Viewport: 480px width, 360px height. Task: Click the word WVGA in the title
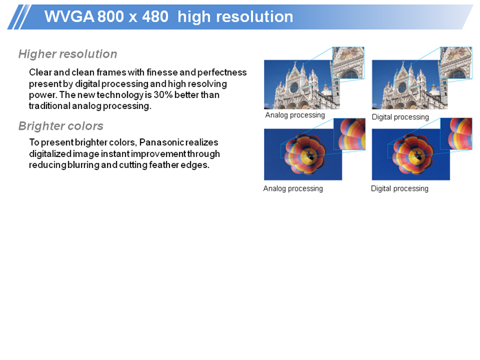(x=69, y=16)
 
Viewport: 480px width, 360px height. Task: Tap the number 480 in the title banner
(x=155, y=16)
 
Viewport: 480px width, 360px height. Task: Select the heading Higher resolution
(x=68, y=54)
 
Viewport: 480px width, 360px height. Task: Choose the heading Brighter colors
(x=61, y=126)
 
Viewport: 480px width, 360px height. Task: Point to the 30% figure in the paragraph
(x=163, y=95)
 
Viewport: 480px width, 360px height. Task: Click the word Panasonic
(x=162, y=143)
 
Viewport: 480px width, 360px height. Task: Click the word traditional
(x=49, y=106)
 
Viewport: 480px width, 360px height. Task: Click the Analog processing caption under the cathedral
(x=295, y=115)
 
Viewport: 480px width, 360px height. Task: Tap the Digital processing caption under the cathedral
(x=400, y=117)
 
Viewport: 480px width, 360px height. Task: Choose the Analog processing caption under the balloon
(x=293, y=189)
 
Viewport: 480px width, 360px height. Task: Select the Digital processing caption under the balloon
(x=400, y=189)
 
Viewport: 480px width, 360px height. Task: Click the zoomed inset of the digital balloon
(x=456, y=134)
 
